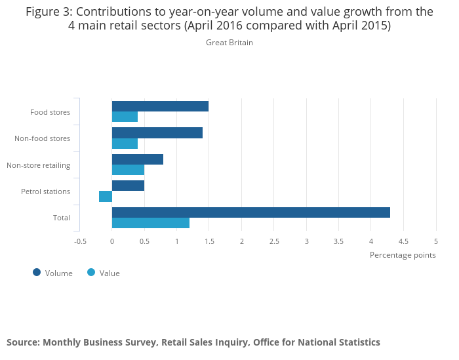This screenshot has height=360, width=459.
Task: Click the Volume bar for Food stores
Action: [x=160, y=106]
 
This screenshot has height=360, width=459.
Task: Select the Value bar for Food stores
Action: [x=125, y=117]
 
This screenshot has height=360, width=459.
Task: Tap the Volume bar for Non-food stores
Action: [x=157, y=133]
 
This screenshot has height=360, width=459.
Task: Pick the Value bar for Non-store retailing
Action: [x=128, y=170]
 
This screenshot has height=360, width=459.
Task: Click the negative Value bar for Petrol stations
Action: [x=106, y=196]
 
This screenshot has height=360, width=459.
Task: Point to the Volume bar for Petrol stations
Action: [x=128, y=186]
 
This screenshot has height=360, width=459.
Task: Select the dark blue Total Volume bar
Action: [x=250, y=212]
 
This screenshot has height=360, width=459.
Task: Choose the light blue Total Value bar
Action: [x=151, y=223]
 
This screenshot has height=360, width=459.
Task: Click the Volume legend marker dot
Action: [x=37, y=273]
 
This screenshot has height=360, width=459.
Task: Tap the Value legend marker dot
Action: [x=91, y=273]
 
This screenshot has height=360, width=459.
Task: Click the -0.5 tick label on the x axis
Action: [x=80, y=241]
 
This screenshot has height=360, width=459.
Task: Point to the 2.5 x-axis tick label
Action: [x=273, y=241]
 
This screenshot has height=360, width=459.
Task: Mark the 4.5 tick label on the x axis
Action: [x=403, y=241]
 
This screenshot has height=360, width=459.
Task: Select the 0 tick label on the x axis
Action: [x=112, y=241]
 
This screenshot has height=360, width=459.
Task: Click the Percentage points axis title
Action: [x=403, y=255]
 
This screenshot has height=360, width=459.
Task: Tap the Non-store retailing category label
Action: [x=38, y=165]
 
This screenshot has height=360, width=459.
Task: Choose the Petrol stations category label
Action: [x=45, y=191]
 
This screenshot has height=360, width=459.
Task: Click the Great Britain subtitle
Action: [x=229, y=43]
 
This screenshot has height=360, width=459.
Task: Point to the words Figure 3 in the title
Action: [x=49, y=11]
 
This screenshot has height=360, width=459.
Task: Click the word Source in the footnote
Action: [x=22, y=342]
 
